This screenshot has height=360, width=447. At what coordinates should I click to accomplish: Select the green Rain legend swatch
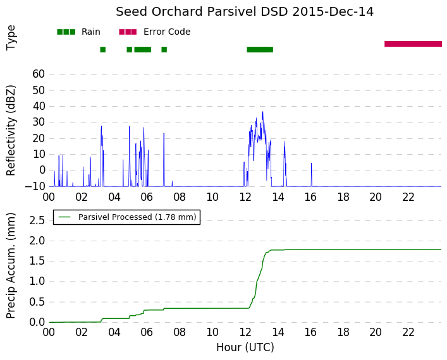click(x=66, y=32)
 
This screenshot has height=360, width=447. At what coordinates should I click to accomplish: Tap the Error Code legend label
click(x=167, y=32)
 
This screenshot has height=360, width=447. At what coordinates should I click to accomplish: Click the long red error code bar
click(x=413, y=44)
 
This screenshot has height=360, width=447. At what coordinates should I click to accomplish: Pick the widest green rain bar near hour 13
click(x=260, y=49)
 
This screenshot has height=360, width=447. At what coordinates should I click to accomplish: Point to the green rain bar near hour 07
click(x=164, y=49)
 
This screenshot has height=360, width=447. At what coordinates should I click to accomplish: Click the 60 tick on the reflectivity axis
click(x=39, y=74)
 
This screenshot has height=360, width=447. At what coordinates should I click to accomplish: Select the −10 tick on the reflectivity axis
click(x=35, y=186)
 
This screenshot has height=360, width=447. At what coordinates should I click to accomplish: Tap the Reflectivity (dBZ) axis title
click(x=11, y=131)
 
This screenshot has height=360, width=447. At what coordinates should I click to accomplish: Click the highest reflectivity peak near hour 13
click(x=262, y=112)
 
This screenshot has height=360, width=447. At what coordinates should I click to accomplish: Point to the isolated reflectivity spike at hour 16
click(x=311, y=164)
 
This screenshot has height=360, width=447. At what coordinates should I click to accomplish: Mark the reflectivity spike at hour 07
click(x=164, y=133)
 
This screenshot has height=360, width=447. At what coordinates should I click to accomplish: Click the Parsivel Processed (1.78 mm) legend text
click(x=137, y=217)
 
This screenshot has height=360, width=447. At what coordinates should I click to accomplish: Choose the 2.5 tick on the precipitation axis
click(x=37, y=220)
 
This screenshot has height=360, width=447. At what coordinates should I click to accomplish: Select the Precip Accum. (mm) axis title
click(x=10, y=266)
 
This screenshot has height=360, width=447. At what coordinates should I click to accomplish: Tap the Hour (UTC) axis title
click(x=245, y=347)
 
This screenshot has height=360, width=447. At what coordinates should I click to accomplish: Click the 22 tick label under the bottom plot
click(x=408, y=332)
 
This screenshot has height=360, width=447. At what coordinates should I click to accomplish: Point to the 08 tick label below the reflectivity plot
click(x=180, y=197)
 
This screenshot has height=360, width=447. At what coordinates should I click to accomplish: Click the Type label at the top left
click(x=11, y=38)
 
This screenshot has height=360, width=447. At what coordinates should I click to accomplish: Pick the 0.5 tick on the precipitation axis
click(x=37, y=302)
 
